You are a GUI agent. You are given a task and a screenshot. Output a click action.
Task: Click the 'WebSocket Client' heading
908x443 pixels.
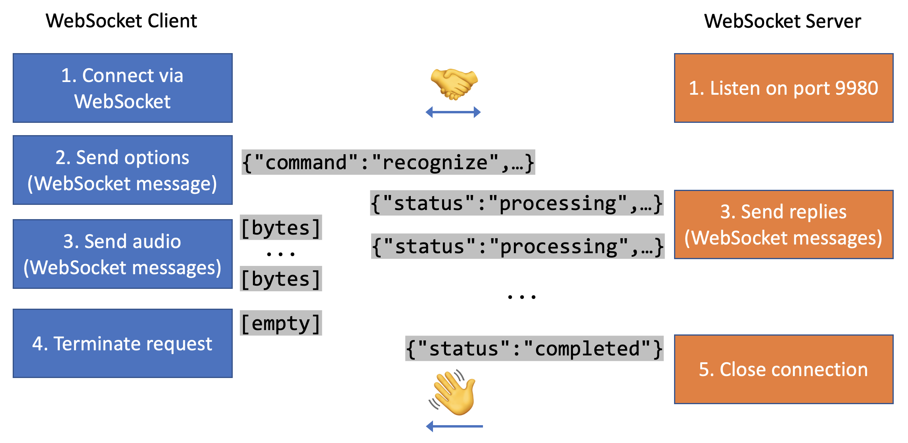pos(121,21)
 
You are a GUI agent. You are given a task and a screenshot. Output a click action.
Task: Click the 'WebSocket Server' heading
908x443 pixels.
pos(782,21)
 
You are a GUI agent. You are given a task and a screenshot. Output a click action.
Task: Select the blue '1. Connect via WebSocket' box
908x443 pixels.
pos(123,88)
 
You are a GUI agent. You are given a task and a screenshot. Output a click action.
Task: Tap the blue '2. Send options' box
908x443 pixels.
pos(123,170)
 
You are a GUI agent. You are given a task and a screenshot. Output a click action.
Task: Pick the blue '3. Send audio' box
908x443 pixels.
pos(123,254)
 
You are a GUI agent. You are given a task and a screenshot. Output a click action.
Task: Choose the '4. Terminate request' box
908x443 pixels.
pos(123,343)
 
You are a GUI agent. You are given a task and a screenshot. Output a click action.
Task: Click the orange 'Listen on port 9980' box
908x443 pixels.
pos(783,88)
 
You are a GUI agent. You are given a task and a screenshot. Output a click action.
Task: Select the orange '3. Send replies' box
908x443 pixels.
pos(783,224)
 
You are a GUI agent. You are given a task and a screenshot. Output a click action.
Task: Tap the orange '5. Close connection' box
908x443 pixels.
pos(783,369)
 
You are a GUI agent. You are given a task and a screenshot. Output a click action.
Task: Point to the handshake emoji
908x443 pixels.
pos(454,84)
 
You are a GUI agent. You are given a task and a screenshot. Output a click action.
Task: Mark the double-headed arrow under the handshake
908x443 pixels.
pos(453,112)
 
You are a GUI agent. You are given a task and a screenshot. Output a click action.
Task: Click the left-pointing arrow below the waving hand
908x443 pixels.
pos(454,426)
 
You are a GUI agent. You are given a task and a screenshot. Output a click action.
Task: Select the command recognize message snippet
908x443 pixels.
pos(388,162)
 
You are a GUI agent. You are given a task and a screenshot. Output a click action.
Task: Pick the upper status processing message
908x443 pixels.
pos(517,203)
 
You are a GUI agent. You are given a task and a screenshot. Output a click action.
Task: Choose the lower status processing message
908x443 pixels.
pos(517,246)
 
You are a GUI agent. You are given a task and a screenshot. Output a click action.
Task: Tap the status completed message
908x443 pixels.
pos(534,349)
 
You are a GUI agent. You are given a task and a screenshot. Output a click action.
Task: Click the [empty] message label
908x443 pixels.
pos(281,323)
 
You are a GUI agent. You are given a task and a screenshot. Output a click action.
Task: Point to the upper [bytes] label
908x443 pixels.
pos(281,227)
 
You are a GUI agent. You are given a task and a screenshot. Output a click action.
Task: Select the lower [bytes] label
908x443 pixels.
pos(281,279)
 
